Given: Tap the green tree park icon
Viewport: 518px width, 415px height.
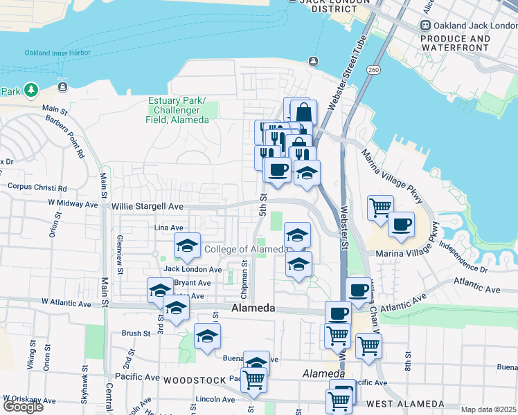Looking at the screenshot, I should coord(30,90).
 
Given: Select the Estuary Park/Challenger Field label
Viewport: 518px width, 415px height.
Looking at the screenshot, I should coord(178,110).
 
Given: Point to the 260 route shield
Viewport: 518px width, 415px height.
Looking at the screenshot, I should coord(373,70).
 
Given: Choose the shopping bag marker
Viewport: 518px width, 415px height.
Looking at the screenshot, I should coord(303,112).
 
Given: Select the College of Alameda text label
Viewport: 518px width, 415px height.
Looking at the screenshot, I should coord(246,249).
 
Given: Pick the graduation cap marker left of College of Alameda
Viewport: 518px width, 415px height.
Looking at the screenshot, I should coord(187,246).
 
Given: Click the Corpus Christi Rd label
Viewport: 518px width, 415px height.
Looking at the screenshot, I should coord(37,187).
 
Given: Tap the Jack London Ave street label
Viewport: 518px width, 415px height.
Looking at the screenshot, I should coord(193,269).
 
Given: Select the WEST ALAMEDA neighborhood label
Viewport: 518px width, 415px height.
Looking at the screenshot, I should coord(405,403).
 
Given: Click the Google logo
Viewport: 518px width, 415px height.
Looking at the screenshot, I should coord(23,407).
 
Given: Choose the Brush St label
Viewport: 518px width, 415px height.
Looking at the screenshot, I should coord(136,333).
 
